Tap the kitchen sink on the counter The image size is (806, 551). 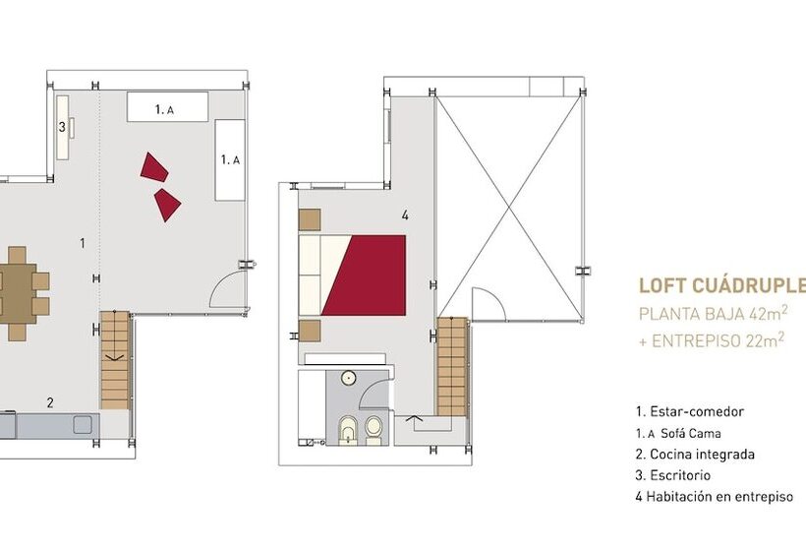83,425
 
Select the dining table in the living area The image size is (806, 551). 18,294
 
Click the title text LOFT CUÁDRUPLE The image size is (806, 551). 721,285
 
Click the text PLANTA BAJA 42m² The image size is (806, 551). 714,313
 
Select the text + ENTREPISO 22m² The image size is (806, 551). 712,340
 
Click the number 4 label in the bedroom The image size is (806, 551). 405,215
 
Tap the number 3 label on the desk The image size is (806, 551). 62,127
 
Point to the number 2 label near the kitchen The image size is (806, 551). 50,402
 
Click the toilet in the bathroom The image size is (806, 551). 374,430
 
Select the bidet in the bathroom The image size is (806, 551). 349,430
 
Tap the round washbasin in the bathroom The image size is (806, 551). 349,378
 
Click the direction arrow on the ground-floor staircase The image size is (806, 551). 113,357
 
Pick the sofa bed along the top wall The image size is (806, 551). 167,107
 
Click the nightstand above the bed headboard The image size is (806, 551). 310,219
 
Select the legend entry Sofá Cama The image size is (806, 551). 678,433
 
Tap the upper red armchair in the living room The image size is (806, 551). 154,167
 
